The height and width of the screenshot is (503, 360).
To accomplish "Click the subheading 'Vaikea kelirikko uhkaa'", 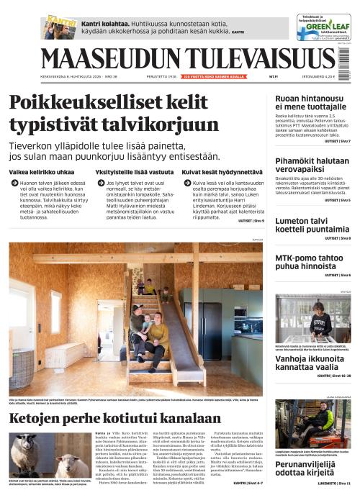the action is [x=42, y=173].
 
